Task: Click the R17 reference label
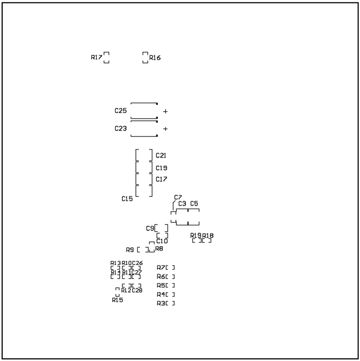(96, 58)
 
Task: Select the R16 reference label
(155, 58)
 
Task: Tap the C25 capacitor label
(121, 111)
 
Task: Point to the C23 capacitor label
(121, 128)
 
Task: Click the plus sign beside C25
(165, 112)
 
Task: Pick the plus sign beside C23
(165, 129)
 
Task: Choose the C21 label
(161, 155)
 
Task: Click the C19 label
(161, 168)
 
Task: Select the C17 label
(161, 179)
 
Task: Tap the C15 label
(127, 199)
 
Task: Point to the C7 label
(178, 197)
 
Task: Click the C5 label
(194, 204)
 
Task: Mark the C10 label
(162, 241)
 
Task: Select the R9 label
(130, 250)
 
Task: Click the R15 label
(117, 300)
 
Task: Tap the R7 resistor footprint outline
(170, 268)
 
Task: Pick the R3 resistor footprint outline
(170, 303)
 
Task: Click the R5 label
(161, 285)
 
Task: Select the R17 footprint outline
(106, 58)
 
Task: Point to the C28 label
(137, 291)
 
